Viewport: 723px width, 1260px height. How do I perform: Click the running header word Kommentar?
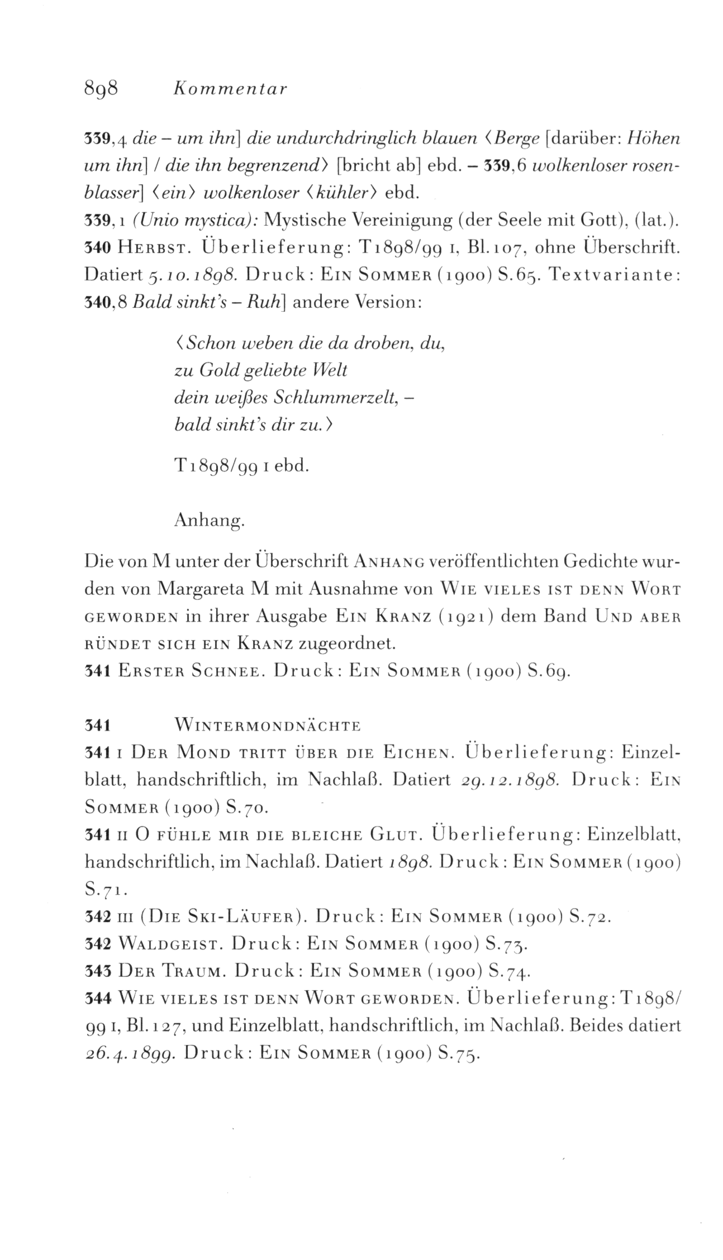click(x=230, y=89)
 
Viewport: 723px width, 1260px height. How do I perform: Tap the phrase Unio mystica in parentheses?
click(x=193, y=221)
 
